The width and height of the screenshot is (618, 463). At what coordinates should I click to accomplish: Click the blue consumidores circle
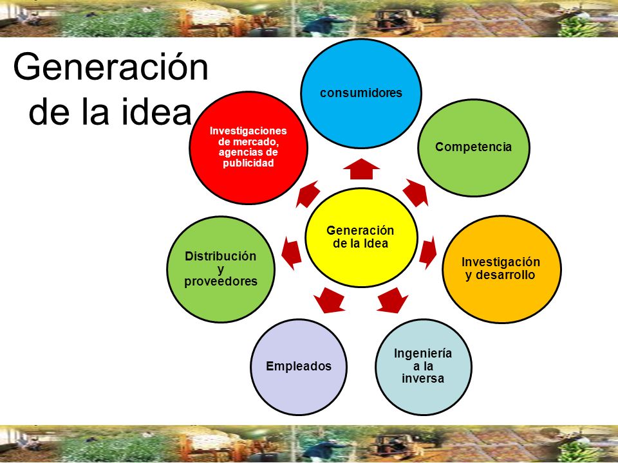click(361, 94)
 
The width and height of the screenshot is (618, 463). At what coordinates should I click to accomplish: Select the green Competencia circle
click(473, 147)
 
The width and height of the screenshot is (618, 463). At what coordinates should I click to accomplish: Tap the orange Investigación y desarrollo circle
click(501, 269)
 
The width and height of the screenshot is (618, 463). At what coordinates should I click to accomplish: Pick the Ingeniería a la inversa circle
click(422, 365)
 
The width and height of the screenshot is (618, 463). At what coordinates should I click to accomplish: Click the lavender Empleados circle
click(299, 367)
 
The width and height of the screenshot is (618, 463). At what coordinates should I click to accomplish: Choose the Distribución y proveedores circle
click(221, 269)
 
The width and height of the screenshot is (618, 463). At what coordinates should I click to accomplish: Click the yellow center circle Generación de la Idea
click(360, 237)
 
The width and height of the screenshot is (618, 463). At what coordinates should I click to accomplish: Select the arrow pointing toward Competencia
click(416, 192)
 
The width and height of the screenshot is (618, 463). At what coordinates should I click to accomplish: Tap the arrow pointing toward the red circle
click(307, 193)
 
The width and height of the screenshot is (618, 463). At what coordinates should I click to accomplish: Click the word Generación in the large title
click(111, 68)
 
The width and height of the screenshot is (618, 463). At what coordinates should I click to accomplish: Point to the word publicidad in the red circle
click(248, 163)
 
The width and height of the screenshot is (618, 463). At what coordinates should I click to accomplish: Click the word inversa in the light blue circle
click(423, 378)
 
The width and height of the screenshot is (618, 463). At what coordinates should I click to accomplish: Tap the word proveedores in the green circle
click(221, 281)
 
